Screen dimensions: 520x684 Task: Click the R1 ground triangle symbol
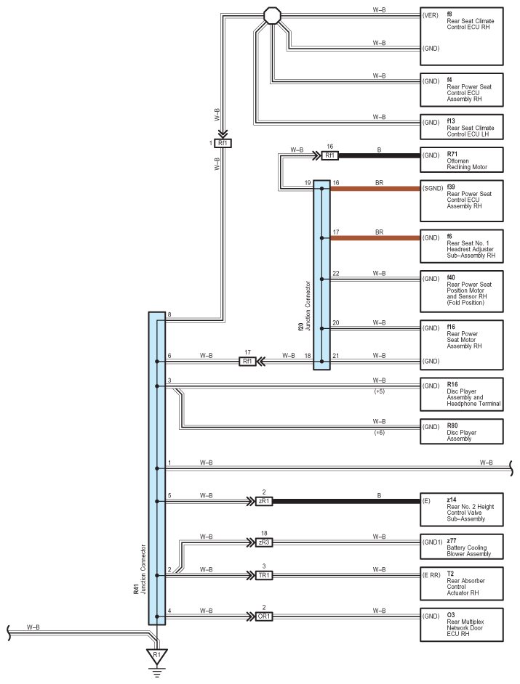coord(157,655)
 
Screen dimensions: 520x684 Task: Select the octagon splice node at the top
coord(272,16)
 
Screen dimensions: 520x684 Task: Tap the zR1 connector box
coord(264,501)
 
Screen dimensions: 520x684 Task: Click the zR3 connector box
coord(264,542)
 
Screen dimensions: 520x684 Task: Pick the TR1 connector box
coord(264,575)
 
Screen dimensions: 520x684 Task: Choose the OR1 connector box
coord(264,616)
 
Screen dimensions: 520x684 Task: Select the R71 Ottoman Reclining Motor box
coord(461,160)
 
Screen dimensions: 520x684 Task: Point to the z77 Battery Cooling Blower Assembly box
coord(461,547)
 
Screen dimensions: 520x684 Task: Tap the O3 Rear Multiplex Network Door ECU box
coord(461,624)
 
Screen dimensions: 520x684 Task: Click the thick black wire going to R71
coord(380,155)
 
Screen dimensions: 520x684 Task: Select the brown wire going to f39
coord(375,189)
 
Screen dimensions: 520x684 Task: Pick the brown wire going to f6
coord(375,237)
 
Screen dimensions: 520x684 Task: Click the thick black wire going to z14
coord(346,501)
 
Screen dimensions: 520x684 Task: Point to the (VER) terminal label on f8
coord(431,16)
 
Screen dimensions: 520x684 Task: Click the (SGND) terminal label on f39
coord(433,189)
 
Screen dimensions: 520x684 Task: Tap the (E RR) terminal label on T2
coord(432,575)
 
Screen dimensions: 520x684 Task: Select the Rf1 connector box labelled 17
coord(247,361)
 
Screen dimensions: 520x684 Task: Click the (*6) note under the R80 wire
coord(380,433)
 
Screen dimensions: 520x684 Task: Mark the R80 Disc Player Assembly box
coord(461,431)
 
